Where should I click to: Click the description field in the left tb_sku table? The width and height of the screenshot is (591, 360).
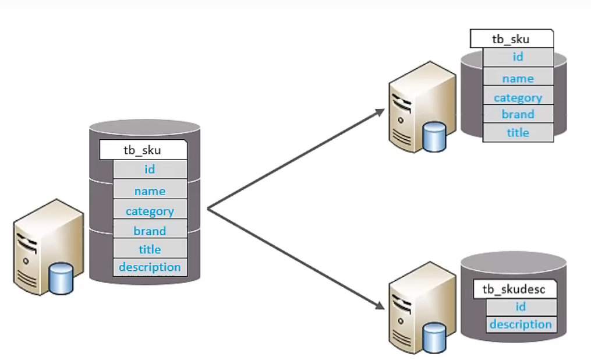coord(150,267)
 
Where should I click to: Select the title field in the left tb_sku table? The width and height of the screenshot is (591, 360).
coord(150,249)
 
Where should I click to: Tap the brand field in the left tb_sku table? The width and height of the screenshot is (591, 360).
coord(150,231)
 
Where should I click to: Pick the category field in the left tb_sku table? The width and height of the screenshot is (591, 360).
coord(150,211)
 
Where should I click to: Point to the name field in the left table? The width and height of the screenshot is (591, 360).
coord(150,191)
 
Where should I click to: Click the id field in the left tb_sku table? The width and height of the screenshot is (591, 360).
coord(150,170)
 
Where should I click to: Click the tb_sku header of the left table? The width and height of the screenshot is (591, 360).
coord(143,150)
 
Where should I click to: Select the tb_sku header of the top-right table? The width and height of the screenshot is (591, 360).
coord(511,40)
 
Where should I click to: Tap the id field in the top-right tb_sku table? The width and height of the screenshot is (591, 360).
coord(518,57)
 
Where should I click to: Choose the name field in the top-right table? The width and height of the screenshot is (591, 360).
coord(518,78)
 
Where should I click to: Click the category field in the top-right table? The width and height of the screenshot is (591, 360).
coord(518,97)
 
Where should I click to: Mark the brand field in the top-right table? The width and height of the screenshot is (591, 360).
coord(518,114)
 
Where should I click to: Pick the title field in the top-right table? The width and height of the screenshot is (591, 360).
coord(518,133)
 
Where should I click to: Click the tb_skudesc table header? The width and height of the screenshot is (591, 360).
coord(514,290)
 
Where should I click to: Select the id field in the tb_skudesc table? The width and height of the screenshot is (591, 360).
coord(521,307)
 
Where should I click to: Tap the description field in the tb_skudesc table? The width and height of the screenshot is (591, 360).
coord(521,324)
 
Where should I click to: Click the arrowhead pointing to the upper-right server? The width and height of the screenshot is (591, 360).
coord(379,111)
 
